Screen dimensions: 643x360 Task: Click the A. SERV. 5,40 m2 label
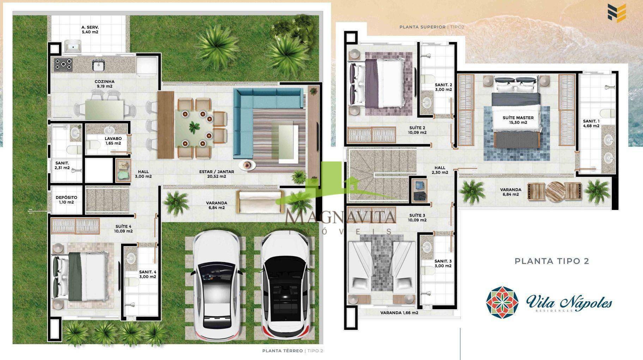pos(90,30)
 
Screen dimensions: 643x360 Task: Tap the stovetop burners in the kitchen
pos(63,65)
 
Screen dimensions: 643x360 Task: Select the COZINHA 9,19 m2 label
pos(104,84)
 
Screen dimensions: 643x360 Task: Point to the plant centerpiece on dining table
pos(194,127)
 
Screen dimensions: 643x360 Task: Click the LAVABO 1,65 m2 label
pos(113,141)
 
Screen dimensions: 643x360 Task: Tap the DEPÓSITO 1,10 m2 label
pos(66,200)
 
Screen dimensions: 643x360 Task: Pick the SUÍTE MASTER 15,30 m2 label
pos(518,120)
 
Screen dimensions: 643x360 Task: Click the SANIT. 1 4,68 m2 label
pos(591,123)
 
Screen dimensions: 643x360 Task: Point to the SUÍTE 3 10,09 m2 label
pos(418,218)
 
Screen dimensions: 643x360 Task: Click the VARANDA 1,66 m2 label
pos(399,312)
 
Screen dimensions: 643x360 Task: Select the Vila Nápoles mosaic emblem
pos(502,303)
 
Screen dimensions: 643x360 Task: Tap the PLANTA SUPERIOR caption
pos(422,27)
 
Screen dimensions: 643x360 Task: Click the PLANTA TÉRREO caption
pos(283,350)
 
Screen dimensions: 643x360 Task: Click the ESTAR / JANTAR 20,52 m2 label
pos(217,174)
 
